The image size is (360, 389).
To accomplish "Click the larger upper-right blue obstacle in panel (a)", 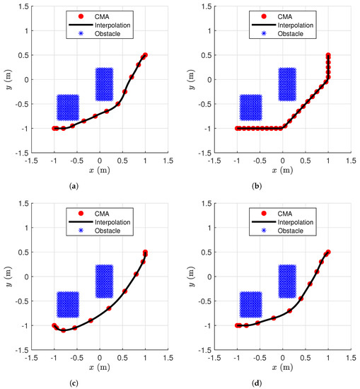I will click(x=104, y=84).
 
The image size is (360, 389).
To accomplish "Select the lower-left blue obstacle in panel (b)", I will click(x=250, y=108).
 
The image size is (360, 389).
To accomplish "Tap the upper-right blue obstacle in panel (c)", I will click(x=104, y=281).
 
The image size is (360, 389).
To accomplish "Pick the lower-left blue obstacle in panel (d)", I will click(x=250, y=304).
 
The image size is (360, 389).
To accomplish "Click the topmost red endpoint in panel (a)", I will click(x=145, y=54).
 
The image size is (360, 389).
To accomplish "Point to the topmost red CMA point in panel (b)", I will click(x=328, y=54).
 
